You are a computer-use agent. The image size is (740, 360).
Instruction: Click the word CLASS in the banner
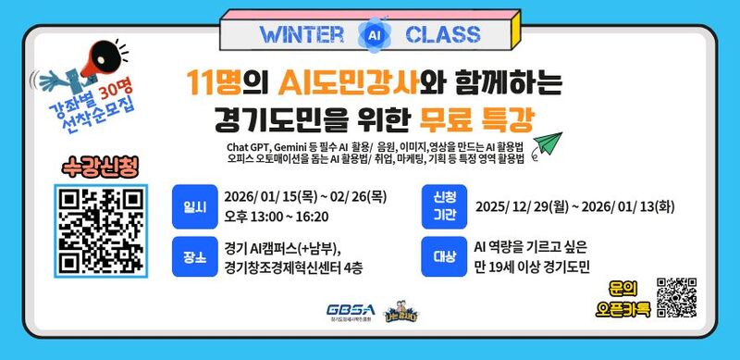pyautogui.click(x=442, y=35)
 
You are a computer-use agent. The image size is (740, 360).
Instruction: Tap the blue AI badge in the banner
pyautogui.click(x=372, y=35)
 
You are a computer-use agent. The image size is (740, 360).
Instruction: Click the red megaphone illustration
pyautogui.click(x=98, y=62)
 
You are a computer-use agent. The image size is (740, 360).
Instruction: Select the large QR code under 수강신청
pyautogui.click(x=102, y=230)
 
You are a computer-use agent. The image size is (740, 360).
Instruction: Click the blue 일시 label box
pyautogui.click(x=193, y=205)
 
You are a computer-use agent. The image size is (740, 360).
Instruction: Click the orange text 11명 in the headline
pyautogui.click(x=214, y=83)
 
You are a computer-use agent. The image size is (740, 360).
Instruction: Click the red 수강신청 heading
pyautogui.click(x=101, y=168)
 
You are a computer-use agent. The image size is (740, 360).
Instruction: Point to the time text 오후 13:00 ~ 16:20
pyautogui.click(x=276, y=216)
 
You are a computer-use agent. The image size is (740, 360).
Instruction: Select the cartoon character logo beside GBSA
pyautogui.click(x=397, y=309)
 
